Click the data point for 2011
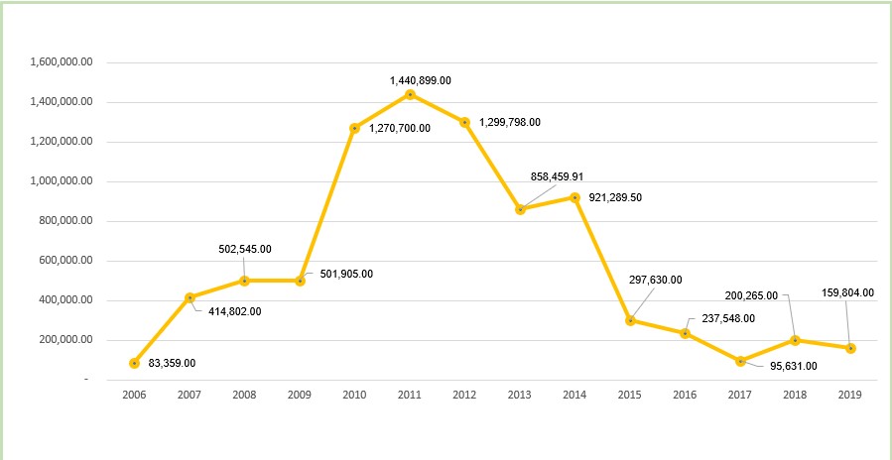coord(410,94)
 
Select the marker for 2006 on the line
coord(134,363)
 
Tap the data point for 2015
coord(630,320)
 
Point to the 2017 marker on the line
coord(740,361)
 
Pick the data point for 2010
coord(354,128)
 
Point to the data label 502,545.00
coord(245,250)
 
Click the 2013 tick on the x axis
coord(520,395)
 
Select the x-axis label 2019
coord(850,395)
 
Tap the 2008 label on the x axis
coord(244,395)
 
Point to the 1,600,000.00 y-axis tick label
coord(62,61)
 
